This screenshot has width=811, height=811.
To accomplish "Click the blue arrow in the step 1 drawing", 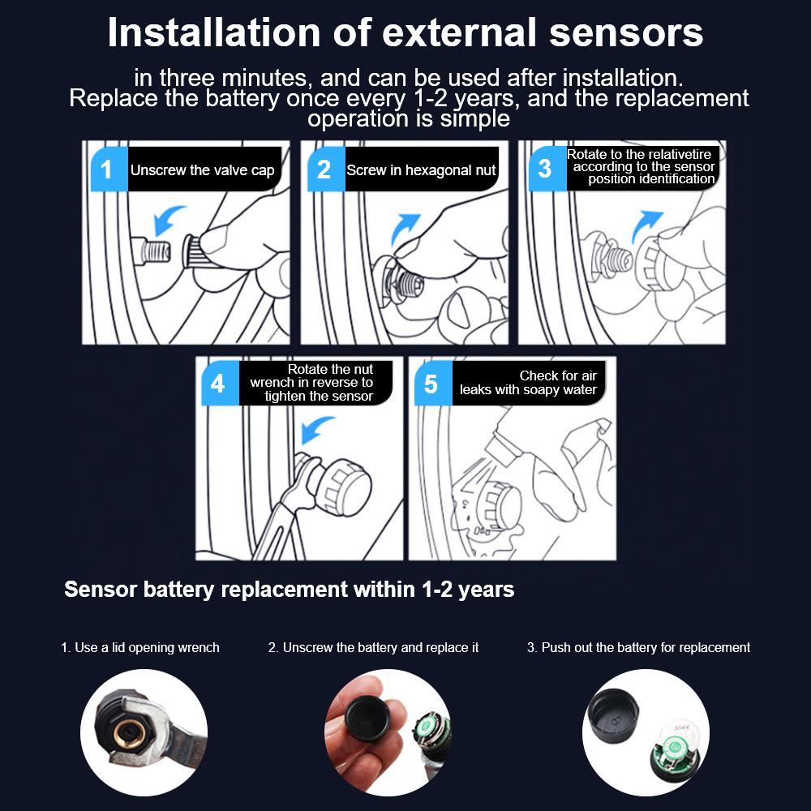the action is pos(169,220).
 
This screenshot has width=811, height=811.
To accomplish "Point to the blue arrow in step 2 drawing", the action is pos(405,228).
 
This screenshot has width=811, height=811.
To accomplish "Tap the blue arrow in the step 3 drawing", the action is pos(646,225).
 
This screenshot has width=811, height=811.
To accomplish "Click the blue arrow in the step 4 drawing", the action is pos(316,429).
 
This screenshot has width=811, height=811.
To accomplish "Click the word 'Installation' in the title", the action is pos(213,32).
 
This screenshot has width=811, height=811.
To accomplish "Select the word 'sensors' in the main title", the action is pos(626,33).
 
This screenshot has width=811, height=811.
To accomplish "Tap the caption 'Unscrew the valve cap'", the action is pos(202,170).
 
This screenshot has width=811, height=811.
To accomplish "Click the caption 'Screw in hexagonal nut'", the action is pos(421,170).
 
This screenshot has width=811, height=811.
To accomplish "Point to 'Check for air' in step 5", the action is pos(558,375).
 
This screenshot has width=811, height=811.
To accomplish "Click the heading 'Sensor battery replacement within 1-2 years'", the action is pos(290,589).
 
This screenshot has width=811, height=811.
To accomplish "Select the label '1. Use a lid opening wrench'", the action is pos(140,647).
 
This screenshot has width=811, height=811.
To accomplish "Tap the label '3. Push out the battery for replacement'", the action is pos(638,647).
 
